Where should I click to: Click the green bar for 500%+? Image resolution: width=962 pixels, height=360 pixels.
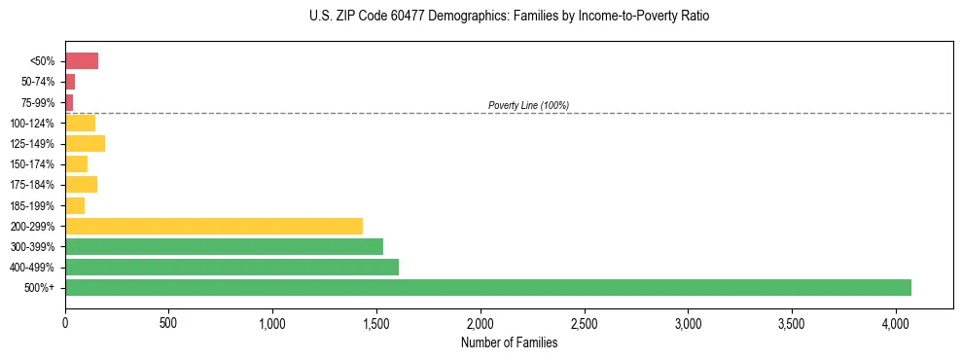[x=487, y=287]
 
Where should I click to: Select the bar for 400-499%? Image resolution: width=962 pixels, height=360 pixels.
[x=232, y=267]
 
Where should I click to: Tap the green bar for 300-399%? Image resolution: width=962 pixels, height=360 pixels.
[x=224, y=246]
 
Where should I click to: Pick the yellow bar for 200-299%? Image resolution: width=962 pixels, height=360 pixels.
[x=213, y=226]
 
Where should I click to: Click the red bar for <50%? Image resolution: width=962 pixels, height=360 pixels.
[x=82, y=61]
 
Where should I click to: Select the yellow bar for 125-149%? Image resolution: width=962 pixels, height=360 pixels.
[x=85, y=144]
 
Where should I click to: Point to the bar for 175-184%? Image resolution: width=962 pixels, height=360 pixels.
[x=81, y=185]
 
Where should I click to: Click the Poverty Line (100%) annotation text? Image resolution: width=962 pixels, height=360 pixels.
[x=528, y=105]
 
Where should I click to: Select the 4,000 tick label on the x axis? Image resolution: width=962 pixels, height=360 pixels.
[x=896, y=322]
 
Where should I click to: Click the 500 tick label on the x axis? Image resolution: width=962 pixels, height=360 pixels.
[x=168, y=322]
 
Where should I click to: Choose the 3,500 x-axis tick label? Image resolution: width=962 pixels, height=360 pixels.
[x=792, y=322]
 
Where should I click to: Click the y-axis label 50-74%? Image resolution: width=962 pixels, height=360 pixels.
[x=37, y=82]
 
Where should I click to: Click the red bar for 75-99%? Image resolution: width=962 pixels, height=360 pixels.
[x=69, y=102]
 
